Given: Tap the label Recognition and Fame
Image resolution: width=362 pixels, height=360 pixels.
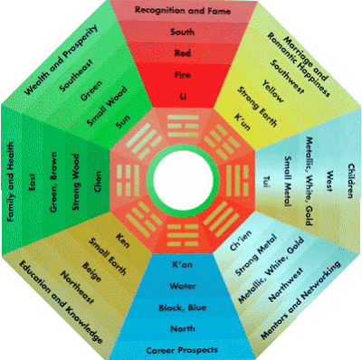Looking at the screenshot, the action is [x=181, y=10].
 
